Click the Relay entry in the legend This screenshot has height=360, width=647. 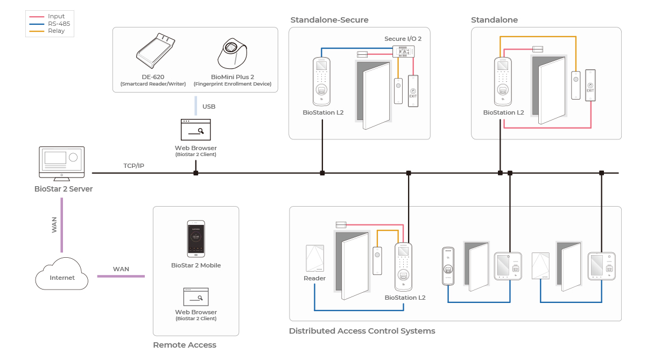point(55,31)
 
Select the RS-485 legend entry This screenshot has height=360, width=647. point(58,24)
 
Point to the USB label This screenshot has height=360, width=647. point(209,107)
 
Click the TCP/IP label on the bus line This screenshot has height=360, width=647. point(133,166)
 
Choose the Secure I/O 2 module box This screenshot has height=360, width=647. point(403,51)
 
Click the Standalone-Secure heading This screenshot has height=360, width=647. point(329,20)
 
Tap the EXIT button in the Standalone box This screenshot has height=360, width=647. point(590,85)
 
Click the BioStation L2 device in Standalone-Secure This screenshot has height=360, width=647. point(322,81)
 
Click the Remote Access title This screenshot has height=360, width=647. point(185,345)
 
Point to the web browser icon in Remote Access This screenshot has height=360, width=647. point(196,297)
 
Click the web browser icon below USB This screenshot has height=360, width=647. point(196,130)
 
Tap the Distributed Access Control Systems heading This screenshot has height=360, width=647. point(362,331)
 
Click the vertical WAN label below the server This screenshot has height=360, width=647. point(54,224)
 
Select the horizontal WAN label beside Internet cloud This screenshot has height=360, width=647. point(121,269)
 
